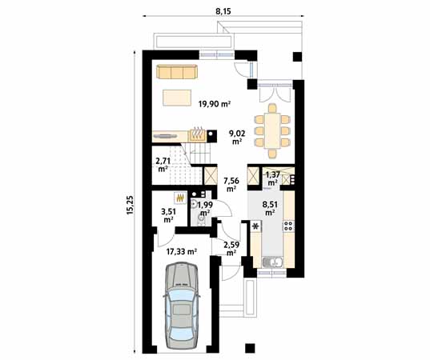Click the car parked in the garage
click(180, 306)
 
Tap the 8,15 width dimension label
click(224, 10)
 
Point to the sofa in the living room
click(176, 73)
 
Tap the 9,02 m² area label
click(238, 138)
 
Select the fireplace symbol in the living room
click(196, 133)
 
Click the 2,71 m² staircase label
click(163, 165)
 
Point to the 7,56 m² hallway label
click(231, 185)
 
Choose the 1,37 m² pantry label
click(273, 178)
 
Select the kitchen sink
click(272, 262)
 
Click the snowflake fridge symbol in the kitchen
click(256, 226)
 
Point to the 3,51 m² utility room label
click(169, 214)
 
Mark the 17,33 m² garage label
click(181, 250)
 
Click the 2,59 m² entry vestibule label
click(231, 249)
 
